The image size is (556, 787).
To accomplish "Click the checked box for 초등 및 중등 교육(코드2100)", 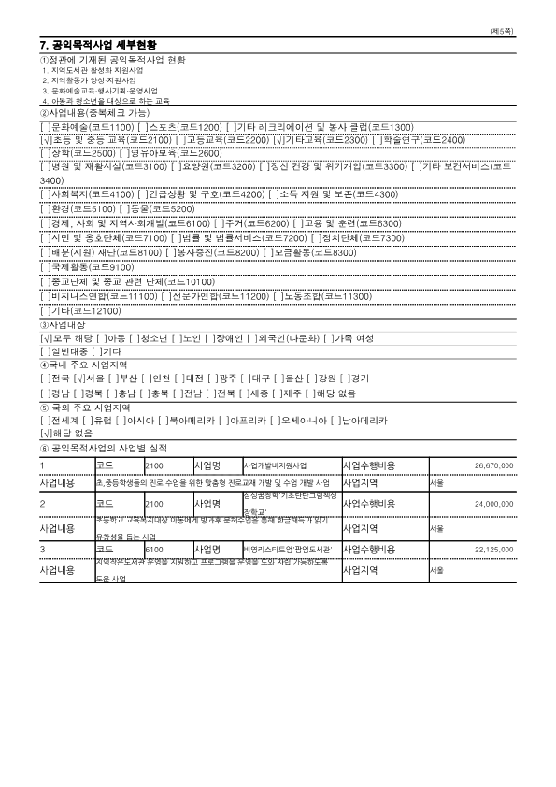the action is pyautogui.click(x=45, y=139).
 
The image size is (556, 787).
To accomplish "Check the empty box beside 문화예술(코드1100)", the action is pyautogui.click(x=45, y=126).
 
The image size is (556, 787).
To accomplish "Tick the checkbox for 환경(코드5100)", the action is pyautogui.click(x=45, y=208).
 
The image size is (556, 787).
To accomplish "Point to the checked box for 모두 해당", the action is pyautogui.click(x=45, y=337).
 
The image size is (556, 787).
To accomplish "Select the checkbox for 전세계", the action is pyautogui.click(x=45, y=421).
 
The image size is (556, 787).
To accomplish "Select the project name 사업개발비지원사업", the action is pyautogui.click(x=275, y=465).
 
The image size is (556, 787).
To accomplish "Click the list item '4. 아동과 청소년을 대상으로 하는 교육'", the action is pyautogui.click(x=106, y=100).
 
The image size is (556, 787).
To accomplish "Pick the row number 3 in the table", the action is pyautogui.click(x=43, y=549).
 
